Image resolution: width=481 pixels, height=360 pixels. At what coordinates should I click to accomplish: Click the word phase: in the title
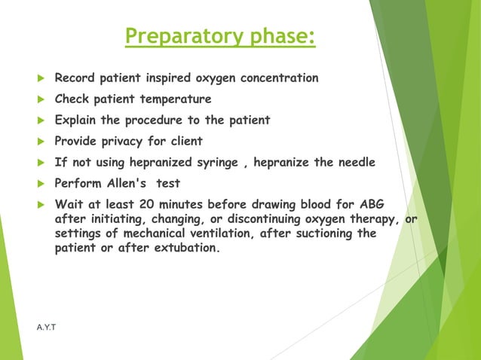275,36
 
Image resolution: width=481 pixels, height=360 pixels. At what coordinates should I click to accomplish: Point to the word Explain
78,121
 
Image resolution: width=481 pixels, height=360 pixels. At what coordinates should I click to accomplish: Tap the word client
185,142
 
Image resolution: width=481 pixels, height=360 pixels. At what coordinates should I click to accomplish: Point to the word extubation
184,246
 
